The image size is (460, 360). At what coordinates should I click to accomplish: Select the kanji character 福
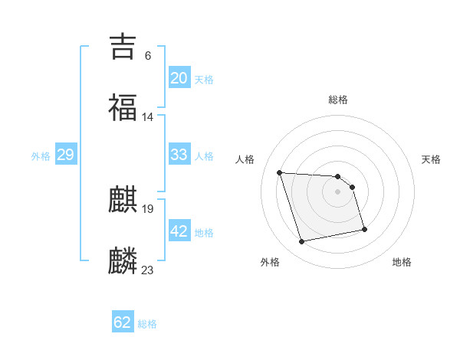tap(123, 108)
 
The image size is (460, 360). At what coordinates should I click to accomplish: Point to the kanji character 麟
tap(123, 261)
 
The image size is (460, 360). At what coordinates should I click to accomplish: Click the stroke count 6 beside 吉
tap(148, 56)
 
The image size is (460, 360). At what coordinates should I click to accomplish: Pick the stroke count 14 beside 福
tap(148, 117)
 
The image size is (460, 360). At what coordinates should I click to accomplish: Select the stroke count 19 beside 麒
tap(148, 208)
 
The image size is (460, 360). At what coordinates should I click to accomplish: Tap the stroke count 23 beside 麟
tap(148, 270)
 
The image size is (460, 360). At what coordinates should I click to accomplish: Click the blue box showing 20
tap(179, 78)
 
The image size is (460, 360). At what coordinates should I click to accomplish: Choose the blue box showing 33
tap(179, 155)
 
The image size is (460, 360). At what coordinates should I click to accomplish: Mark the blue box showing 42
tap(179, 231)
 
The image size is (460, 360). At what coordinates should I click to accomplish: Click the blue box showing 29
tap(66, 155)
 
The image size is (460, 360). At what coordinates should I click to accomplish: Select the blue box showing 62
tap(123, 322)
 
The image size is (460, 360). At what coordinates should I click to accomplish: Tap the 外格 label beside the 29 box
tap(41, 156)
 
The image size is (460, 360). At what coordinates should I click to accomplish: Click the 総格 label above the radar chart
tap(338, 100)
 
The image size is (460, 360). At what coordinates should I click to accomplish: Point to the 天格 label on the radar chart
tap(432, 159)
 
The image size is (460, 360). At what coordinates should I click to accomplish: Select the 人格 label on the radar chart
tap(245, 159)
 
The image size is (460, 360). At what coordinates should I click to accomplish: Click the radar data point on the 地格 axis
tap(364, 229)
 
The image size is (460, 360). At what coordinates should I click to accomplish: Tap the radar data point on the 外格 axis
tap(302, 242)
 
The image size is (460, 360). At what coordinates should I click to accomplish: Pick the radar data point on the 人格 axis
tap(280, 172)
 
